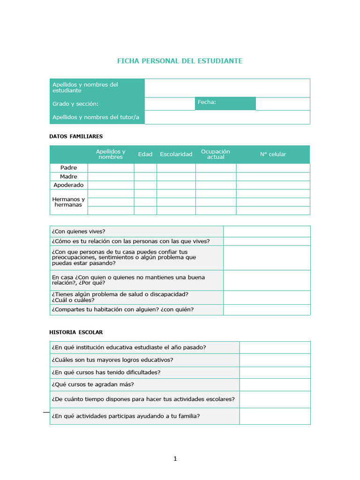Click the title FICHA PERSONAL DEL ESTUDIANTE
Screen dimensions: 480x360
point(180,61)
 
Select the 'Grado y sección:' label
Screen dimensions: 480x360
point(75,104)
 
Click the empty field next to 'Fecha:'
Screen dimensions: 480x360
point(283,104)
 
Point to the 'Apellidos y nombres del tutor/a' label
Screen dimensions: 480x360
point(96,117)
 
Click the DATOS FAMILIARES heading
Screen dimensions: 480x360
point(76,136)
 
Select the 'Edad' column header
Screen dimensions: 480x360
point(145,154)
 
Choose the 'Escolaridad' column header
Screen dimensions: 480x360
point(176,154)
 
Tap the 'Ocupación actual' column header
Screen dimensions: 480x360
point(216,154)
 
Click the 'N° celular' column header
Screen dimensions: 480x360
point(273,154)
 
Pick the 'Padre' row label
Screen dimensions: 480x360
point(68,168)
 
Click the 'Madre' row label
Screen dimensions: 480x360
point(68,176)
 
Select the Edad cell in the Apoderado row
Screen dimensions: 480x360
point(145,185)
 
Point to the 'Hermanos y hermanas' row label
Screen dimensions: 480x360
point(68,202)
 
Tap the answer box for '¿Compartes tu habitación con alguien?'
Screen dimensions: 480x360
point(266,310)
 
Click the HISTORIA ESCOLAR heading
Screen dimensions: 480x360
point(76,332)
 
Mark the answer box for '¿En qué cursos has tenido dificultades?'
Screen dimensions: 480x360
point(275,373)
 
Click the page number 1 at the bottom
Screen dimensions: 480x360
point(175,459)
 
